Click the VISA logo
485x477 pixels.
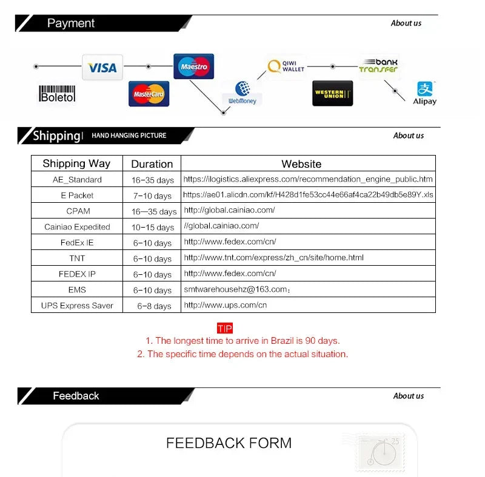(x=102, y=68)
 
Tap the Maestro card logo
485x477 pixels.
(x=193, y=67)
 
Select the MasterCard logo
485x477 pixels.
(x=149, y=94)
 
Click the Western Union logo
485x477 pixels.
(x=332, y=93)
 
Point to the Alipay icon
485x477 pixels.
(x=424, y=93)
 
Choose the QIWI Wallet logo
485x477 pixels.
(x=286, y=67)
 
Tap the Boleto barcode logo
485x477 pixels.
(x=57, y=94)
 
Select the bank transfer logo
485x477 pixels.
(x=378, y=66)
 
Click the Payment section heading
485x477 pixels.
(x=71, y=24)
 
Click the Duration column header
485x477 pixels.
(x=152, y=164)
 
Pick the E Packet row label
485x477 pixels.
(x=77, y=196)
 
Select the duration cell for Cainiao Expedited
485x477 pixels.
(x=153, y=228)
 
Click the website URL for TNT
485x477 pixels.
(x=273, y=258)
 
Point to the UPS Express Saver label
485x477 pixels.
(x=77, y=306)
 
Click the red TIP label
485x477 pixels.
(x=224, y=329)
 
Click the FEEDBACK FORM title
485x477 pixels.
(x=229, y=443)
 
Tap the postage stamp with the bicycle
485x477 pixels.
(x=380, y=452)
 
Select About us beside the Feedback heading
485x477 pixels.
(x=408, y=396)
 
